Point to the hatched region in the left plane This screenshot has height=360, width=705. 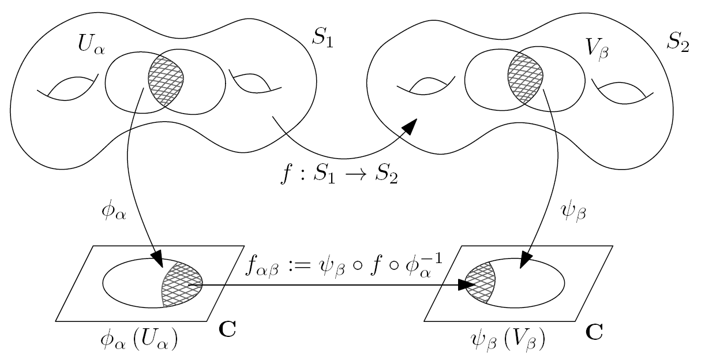pyautogui.click(x=181, y=284)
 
